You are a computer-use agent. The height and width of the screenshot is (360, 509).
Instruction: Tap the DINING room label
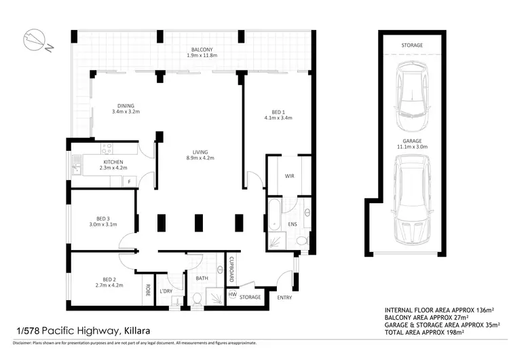pyautogui.click(x=126, y=106)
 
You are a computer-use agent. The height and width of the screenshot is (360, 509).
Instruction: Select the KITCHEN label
pyautogui.click(x=113, y=162)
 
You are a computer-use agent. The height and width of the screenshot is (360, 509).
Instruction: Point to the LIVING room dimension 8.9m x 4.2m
pyautogui.click(x=200, y=158)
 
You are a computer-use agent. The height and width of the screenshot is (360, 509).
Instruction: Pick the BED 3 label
pyautogui.click(x=103, y=217)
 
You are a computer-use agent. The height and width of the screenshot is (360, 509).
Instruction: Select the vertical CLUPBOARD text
pyautogui.click(x=231, y=269)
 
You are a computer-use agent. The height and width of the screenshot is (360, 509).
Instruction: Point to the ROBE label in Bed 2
pyautogui.click(x=147, y=288)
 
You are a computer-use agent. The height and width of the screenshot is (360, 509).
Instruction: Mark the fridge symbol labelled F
pyautogui.click(x=128, y=182)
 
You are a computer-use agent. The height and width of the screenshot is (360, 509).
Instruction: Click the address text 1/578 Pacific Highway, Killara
pyautogui.click(x=82, y=331)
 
